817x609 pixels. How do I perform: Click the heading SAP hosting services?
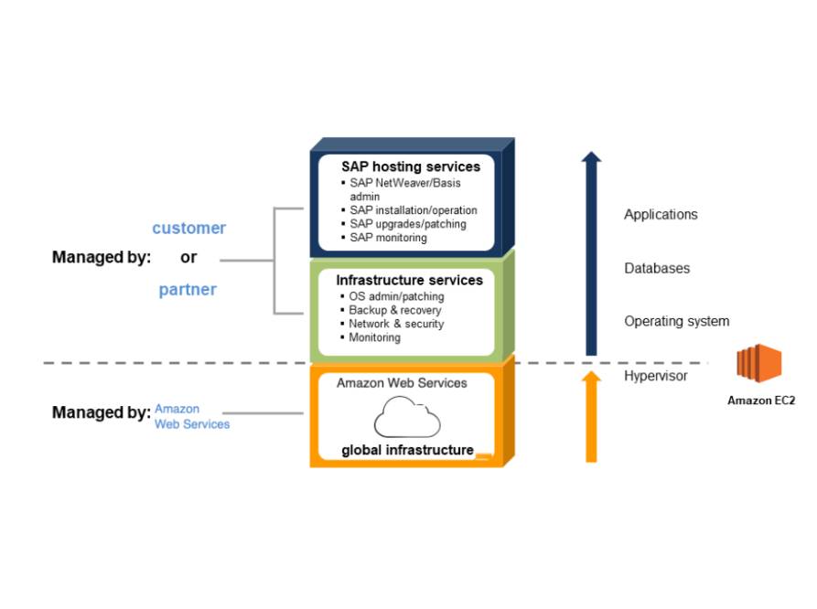click(411, 167)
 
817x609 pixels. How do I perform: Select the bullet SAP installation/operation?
click(413, 210)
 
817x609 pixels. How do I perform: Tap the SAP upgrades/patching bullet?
click(407, 224)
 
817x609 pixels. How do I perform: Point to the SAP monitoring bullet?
click(388, 238)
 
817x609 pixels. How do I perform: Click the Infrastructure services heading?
click(409, 280)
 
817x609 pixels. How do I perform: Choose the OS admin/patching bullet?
click(396, 296)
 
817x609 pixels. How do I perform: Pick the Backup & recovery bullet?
click(394, 310)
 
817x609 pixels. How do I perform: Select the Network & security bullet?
click(396, 324)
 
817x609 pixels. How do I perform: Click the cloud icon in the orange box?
click(407, 417)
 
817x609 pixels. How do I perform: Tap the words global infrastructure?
click(407, 450)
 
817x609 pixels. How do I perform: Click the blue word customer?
click(188, 228)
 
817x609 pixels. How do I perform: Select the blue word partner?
click(188, 290)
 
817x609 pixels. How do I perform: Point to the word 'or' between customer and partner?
click(188, 258)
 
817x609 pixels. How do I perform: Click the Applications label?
click(661, 215)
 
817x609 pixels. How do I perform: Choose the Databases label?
click(657, 269)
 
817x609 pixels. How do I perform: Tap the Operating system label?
click(676, 322)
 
